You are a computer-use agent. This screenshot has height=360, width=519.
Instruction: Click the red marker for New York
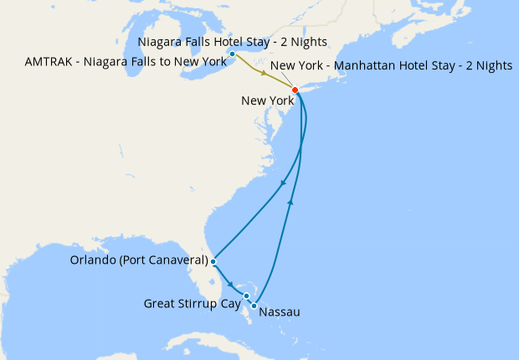tap(295, 90)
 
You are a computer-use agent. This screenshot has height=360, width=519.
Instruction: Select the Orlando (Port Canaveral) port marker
tap(213, 261)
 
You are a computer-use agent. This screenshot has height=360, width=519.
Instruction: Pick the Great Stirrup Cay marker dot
tap(246, 296)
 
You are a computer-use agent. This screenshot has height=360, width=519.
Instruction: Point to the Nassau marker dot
tap(254, 306)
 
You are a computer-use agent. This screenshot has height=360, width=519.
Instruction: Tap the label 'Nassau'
tap(280, 313)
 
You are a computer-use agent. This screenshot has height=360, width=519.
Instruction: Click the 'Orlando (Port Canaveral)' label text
tap(138, 260)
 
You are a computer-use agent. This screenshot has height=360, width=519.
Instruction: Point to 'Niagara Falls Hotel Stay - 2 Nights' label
tap(231, 41)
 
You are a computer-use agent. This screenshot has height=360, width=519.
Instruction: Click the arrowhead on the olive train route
tap(264, 75)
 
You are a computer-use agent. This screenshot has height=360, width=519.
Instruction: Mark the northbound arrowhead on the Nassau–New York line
tap(290, 202)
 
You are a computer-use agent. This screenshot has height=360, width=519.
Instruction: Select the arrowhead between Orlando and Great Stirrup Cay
tap(231, 285)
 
